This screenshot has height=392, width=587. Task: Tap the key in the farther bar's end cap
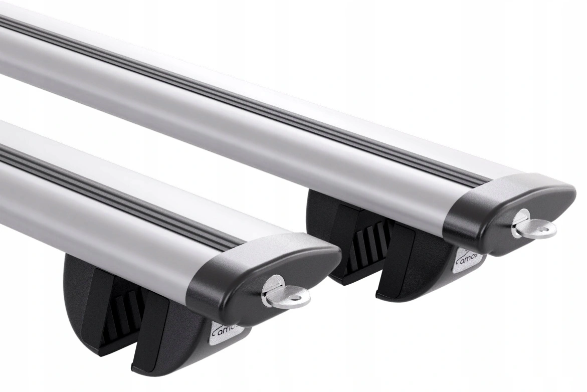point(534,226)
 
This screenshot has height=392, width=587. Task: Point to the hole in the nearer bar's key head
point(297,299)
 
